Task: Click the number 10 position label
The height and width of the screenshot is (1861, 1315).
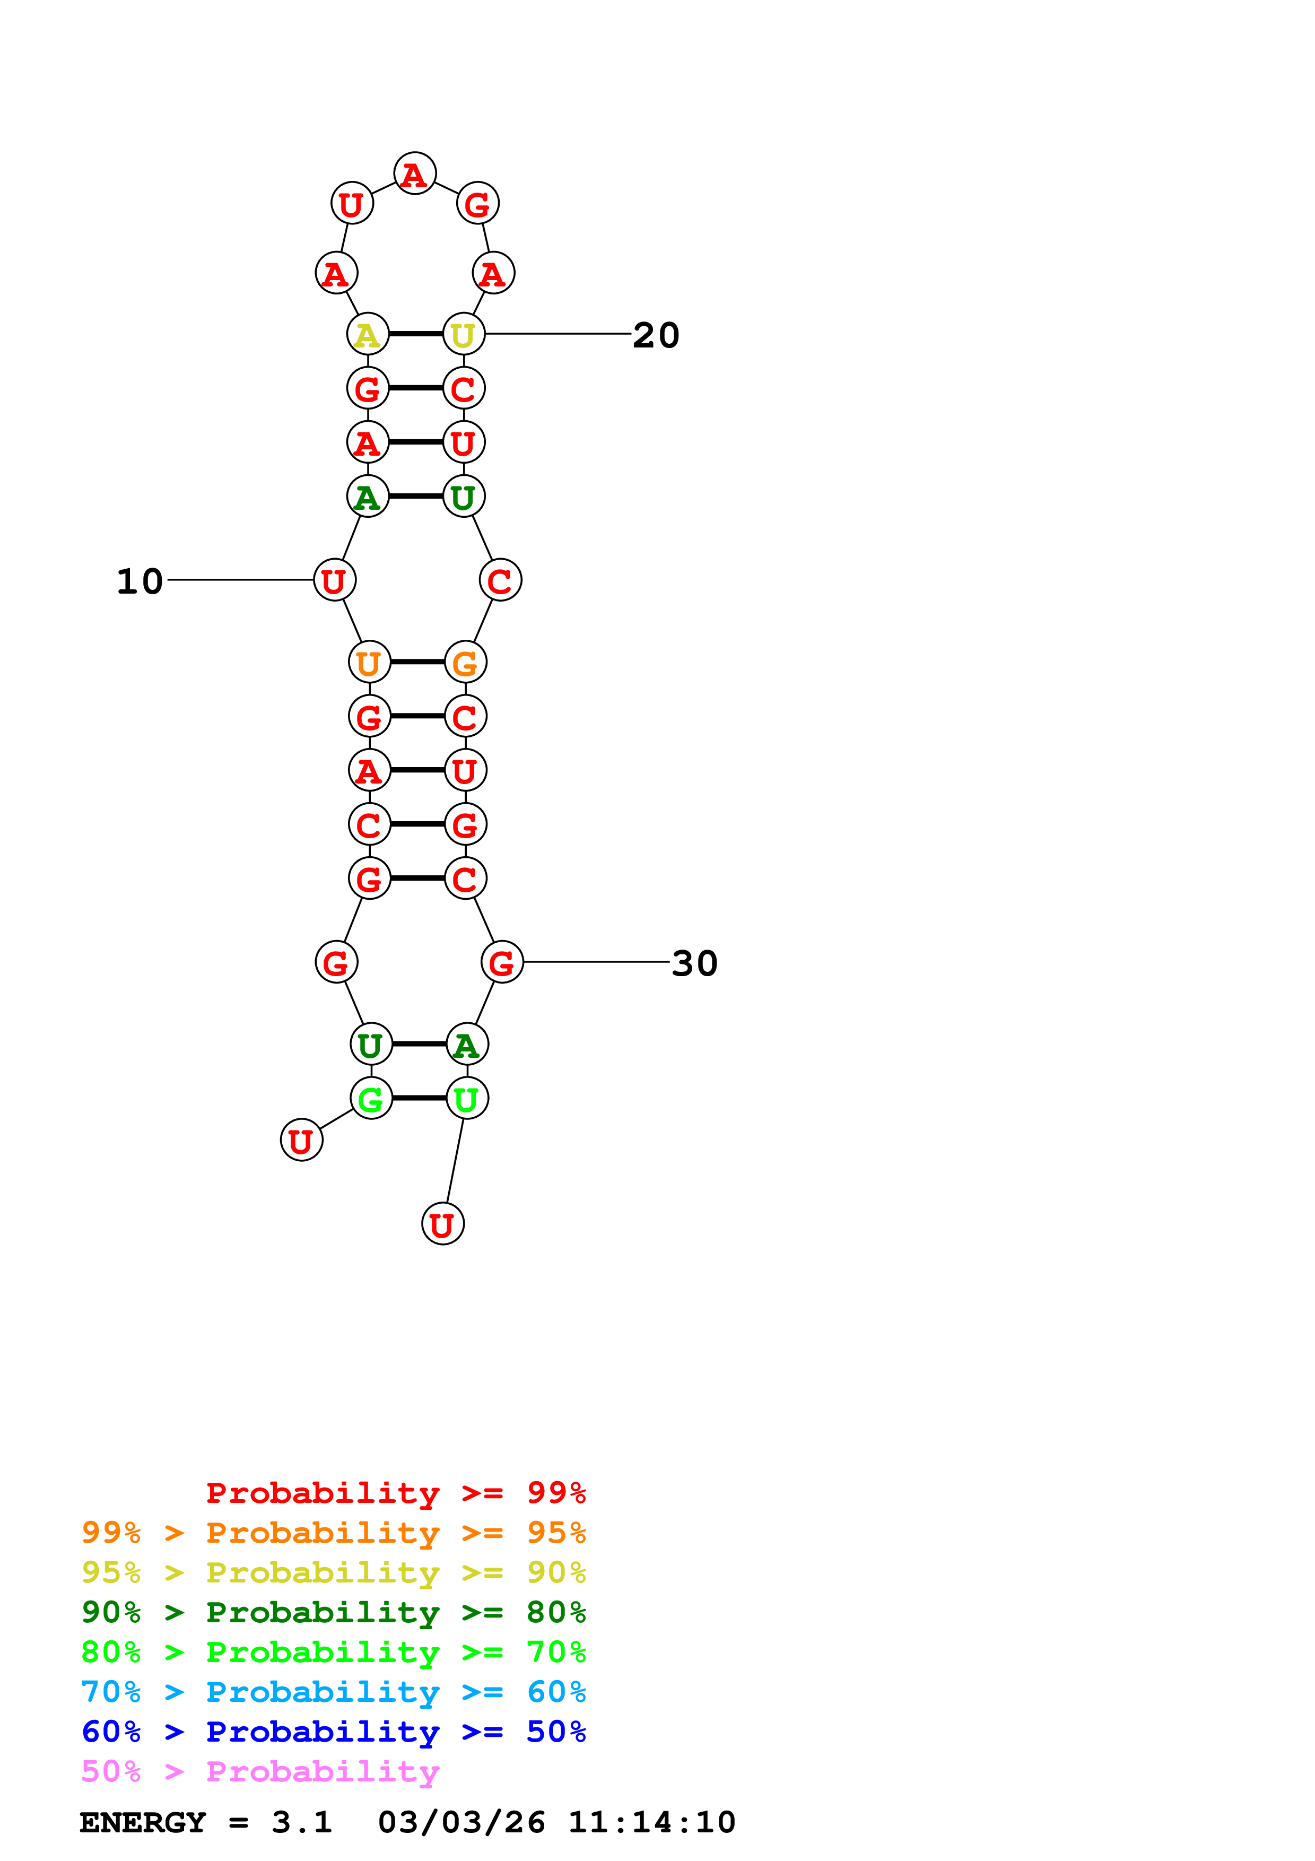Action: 140,581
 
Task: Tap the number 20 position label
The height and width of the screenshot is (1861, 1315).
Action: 656,335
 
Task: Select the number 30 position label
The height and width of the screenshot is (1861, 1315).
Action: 694,963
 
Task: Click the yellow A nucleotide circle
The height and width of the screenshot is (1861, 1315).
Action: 368,334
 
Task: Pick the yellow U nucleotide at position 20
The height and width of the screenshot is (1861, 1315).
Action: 464,334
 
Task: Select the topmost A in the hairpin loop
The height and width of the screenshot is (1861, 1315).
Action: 415,173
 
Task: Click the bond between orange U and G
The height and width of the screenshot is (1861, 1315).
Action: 417,662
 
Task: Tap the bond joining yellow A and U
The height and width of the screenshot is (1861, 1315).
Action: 416,334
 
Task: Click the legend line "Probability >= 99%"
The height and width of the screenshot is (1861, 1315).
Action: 395,1493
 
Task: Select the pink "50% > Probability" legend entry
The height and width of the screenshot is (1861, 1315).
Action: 260,1772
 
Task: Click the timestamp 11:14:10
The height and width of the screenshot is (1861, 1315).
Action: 651,1823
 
